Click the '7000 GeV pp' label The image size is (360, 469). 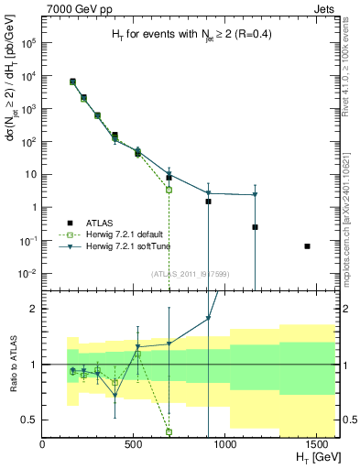point(72,8)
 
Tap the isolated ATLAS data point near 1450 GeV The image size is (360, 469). point(307,246)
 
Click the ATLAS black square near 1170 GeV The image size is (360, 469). point(255,227)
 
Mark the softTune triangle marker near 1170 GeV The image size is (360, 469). point(255,194)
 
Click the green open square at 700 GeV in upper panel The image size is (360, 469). point(169,190)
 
